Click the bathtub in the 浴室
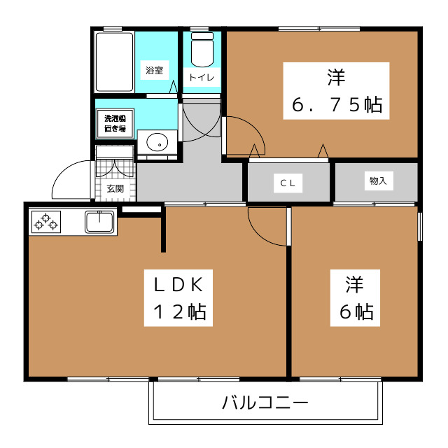[114, 62]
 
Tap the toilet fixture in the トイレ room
[202, 50]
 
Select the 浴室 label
[154, 70]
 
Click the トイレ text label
[202, 77]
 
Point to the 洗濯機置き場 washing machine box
[115, 123]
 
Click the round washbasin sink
[157, 141]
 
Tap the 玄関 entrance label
[115, 188]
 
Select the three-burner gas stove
[46, 222]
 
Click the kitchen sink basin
[99, 221]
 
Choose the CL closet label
[288, 183]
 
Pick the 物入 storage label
[378, 181]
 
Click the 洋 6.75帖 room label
[336, 91]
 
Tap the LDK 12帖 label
[179, 298]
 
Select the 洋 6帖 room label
[356, 298]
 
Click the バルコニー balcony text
[265, 402]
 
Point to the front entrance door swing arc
[71, 179]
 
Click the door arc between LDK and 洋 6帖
[267, 227]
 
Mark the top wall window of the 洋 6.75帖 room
[319, 29]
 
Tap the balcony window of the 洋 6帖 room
[340, 379]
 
